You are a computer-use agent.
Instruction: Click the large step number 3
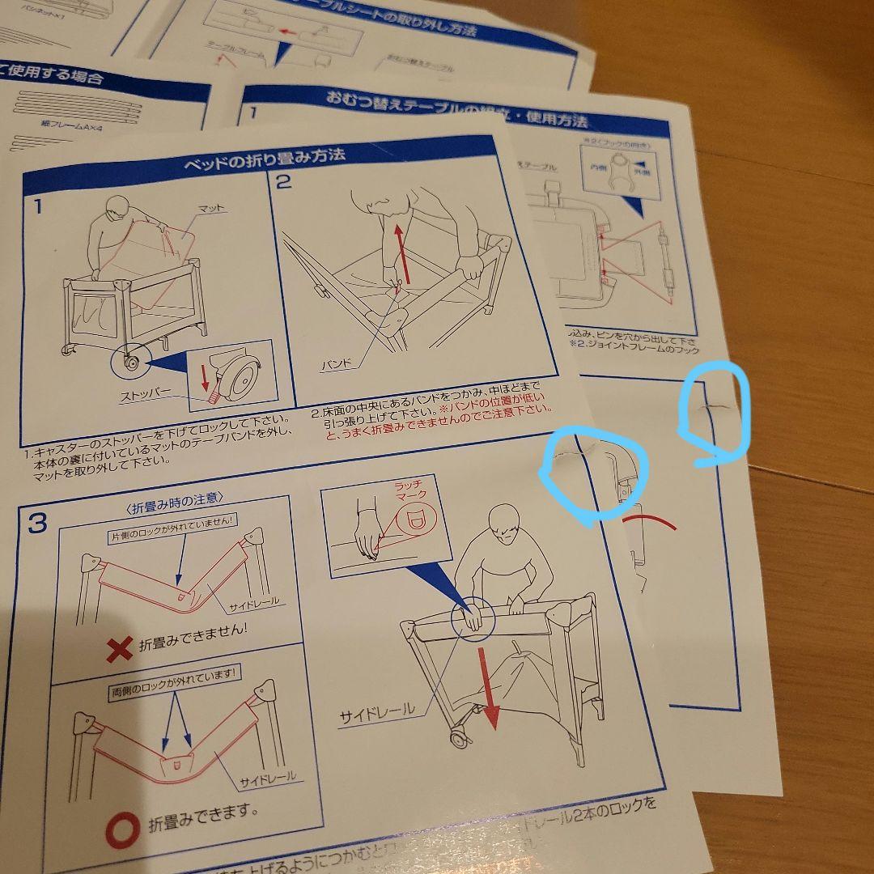tap(37, 524)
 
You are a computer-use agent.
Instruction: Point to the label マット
tap(213, 208)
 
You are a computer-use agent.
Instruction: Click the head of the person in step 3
tap(504, 526)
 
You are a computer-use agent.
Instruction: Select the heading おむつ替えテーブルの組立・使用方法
tap(457, 108)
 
